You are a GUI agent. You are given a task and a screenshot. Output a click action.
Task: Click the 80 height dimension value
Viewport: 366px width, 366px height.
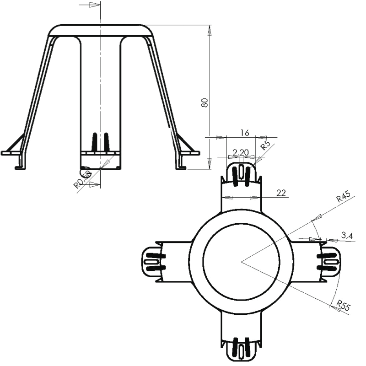pyautogui.click(x=205, y=103)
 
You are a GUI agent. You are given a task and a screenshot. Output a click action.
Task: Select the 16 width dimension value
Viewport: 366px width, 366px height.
pyautogui.click(x=244, y=133)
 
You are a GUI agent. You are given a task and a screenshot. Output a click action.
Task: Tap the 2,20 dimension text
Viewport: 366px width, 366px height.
pyautogui.click(x=241, y=152)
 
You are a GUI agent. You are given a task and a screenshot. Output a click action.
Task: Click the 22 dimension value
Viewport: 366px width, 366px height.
pyautogui.click(x=281, y=193)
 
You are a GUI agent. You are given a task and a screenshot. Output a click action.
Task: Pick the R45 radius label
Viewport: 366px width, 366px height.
pyautogui.click(x=343, y=197)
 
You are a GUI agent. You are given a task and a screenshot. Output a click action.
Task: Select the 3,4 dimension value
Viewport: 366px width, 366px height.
pyautogui.click(x=347, y=236)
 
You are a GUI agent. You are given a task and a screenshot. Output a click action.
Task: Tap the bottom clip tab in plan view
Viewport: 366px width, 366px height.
pyautogui.click(x=241, y=350)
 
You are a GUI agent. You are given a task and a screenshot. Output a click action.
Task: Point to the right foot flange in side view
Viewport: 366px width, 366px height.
pyautogui.click(x=189, y=153)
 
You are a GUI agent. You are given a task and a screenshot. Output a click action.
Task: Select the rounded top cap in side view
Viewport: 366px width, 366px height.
pyautogui.click(x=100, y=30)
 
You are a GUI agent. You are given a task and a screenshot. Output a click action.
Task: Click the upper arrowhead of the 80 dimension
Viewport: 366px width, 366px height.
pyautogui.click(x=210, y=30)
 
